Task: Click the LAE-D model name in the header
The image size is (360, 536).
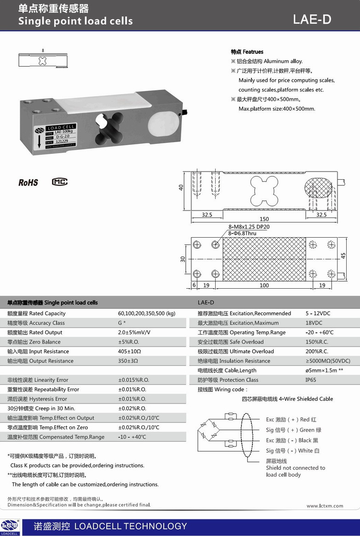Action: pos(312,19)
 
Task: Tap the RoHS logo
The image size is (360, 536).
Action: pos(28,182)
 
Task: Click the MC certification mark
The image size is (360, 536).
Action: pos(59,182)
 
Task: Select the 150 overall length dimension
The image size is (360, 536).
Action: pos(264,219)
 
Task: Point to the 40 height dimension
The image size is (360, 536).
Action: pos(181,188)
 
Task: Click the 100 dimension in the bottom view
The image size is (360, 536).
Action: pos(264,285)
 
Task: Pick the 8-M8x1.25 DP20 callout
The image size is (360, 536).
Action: pos(249,227)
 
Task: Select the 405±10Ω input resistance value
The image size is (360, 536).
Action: pos(129,352)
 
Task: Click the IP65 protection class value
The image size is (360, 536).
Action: pos(311,380)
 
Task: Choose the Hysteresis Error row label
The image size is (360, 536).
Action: pos(37,399)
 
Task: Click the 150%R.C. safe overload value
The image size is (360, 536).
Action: pos(317,342)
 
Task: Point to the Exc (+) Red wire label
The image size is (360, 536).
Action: pos(291,420)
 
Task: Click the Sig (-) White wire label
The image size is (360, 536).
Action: pos(292,451)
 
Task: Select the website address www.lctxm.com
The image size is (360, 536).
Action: pos(325,506)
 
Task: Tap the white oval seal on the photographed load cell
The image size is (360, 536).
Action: pos(160,123)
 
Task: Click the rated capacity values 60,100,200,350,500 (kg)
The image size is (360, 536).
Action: pos(147,314)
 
